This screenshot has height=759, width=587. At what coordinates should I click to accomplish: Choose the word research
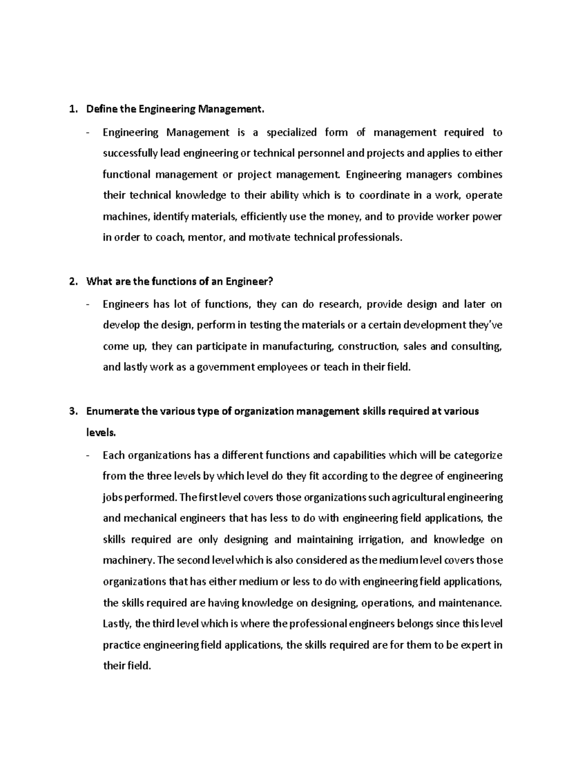click(x=339, y=304)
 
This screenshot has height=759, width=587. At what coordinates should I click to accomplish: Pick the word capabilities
click(x=359, y=455)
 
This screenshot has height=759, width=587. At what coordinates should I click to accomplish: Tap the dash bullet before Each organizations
click(x=88, y=455)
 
